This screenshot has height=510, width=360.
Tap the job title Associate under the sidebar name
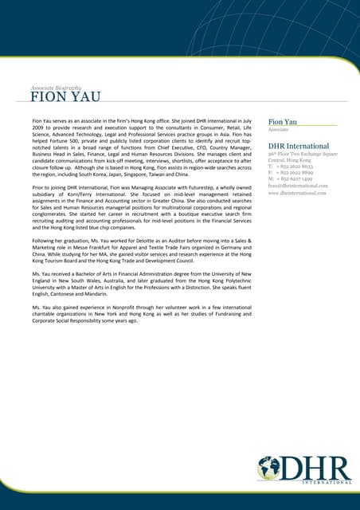tap(278, 130)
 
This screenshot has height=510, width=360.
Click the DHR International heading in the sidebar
tap(299, 146)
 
